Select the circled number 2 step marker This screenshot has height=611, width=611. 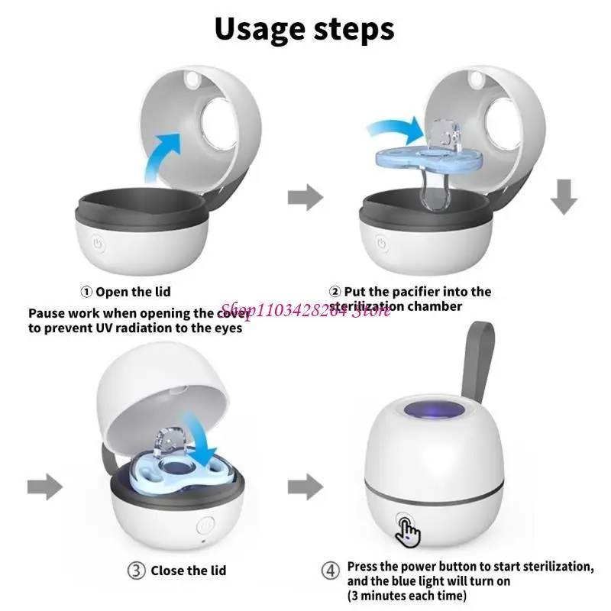tap(335, 291)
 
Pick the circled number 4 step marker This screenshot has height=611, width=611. tap(328, 570)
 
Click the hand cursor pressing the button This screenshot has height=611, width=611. tap(408, 530)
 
